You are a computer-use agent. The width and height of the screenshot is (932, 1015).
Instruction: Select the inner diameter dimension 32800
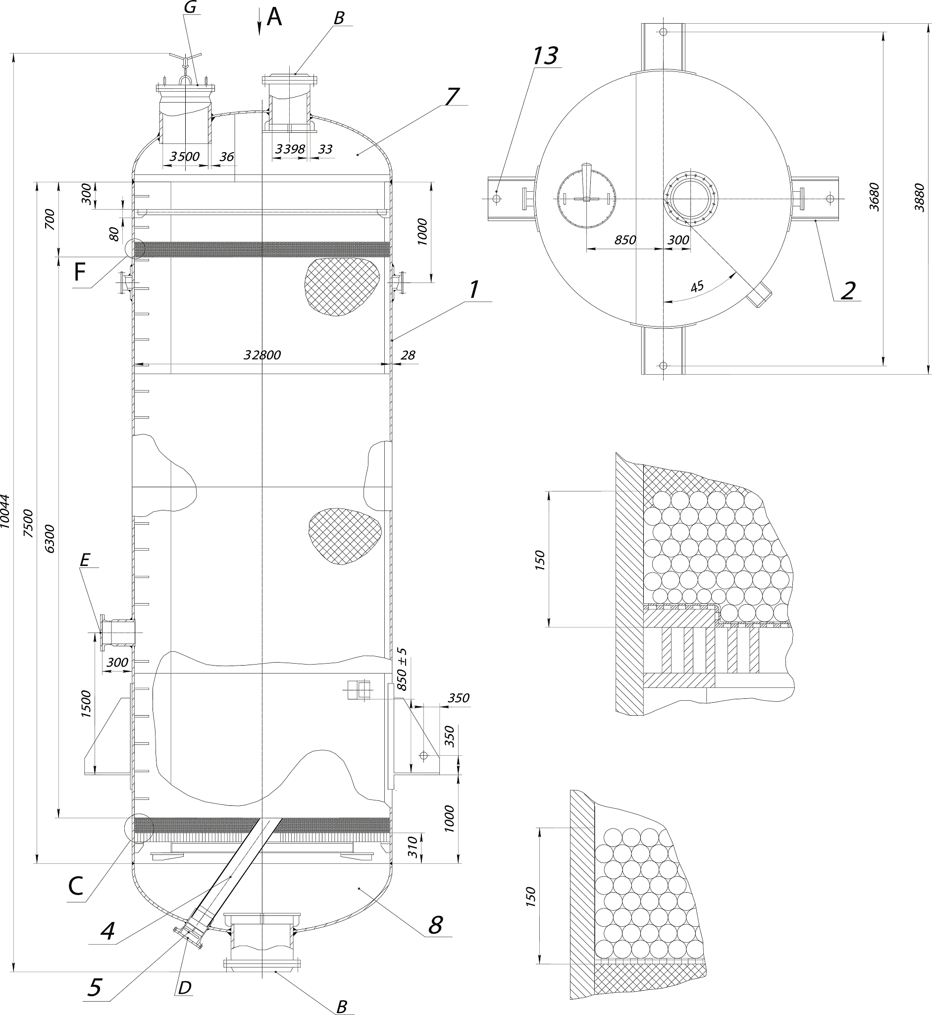(262, 355)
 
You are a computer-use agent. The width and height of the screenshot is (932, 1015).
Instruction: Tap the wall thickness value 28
(408, 355)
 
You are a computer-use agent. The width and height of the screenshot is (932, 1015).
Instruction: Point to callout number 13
(545, 56)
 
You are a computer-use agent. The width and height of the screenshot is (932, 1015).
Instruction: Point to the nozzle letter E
(85, 560)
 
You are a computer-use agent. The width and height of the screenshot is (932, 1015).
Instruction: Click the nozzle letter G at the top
(190, 7)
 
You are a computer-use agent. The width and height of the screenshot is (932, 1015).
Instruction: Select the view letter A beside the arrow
(274, 18)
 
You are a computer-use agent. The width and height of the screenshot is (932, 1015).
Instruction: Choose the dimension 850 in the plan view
(625, 240)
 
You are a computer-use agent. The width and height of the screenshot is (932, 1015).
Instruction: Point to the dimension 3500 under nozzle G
(185, 157)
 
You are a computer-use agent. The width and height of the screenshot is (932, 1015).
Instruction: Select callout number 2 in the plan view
(848, 290)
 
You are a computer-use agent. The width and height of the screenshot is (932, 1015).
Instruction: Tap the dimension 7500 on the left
(29, 523)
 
